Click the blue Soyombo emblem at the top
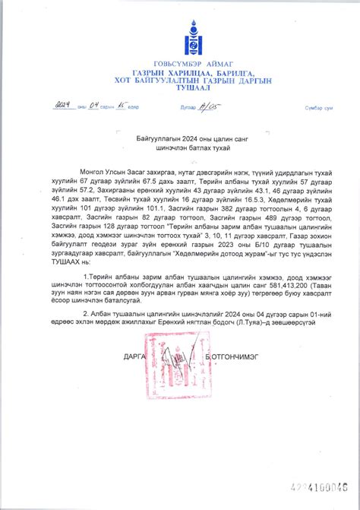pos(180,35)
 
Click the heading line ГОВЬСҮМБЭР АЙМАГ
pos(180,64)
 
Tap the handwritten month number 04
pos(94,106)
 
